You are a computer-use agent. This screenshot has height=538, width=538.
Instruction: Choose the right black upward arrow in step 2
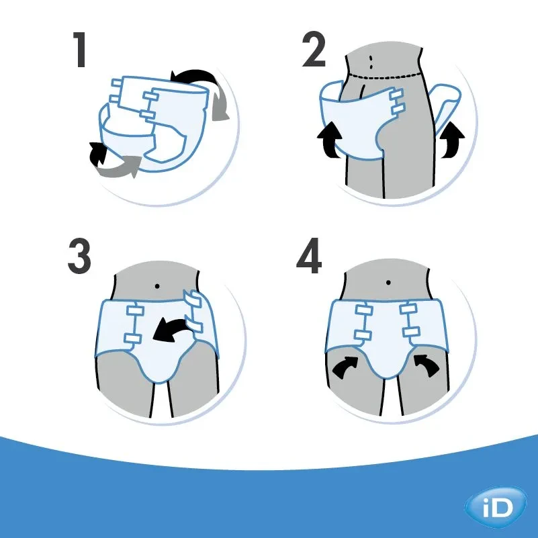point(453,138)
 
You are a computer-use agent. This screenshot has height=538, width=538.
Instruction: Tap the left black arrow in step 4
point(348,366)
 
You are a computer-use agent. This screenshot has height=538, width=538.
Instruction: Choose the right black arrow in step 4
point(427,366)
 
